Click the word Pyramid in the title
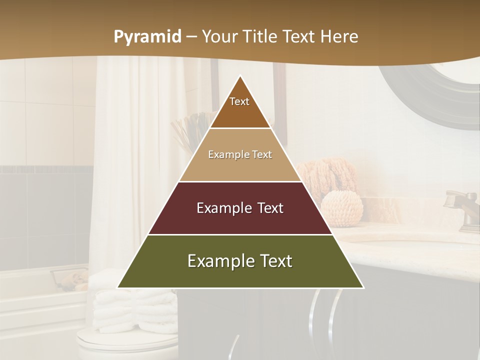tap(147, 37)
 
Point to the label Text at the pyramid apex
tap(239, 101)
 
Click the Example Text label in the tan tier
tap(240, 155)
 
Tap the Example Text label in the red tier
tap(240, 208)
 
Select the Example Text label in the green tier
tap(240, 261)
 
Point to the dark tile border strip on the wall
tap(45, 170)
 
